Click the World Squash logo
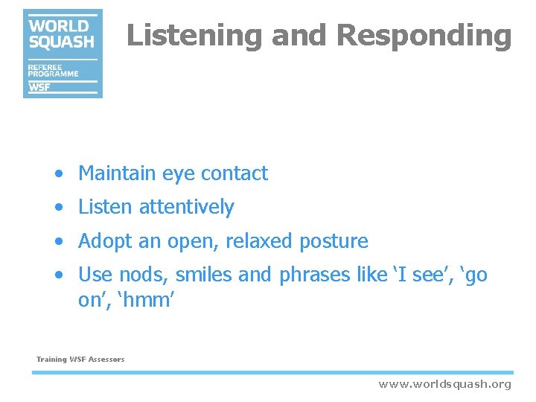[x=63, y=53]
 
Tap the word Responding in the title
[x=424, y=35]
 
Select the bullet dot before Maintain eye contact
[x=59, y=174]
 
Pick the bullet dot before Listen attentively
[x=59, y=208]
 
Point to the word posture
[x=334, y=242]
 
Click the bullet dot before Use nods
[x=59, y=275]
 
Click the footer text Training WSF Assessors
[x=80, y=360]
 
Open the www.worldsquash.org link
[x=444, y=384]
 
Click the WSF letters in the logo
[x=40, y=87]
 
